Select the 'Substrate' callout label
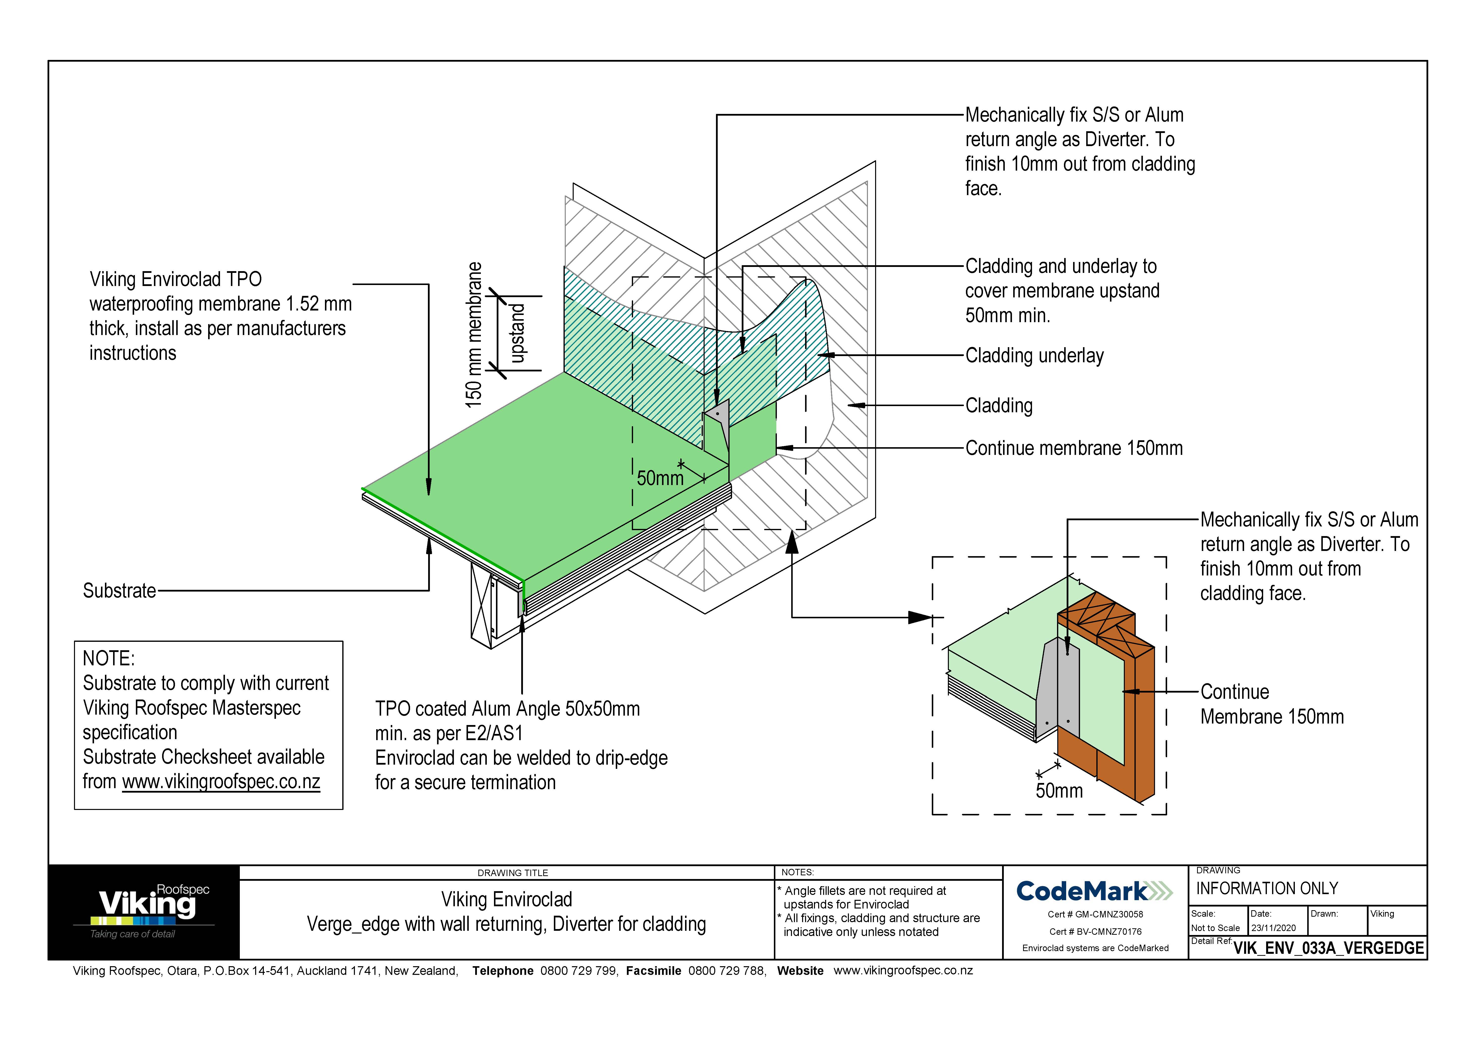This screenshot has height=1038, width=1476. (x=119, y=590)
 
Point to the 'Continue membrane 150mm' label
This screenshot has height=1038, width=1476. (x=1074, y=448)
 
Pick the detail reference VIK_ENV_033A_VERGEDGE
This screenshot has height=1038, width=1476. (x=1328, y=948)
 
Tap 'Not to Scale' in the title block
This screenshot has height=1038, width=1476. (x=1215, y=928)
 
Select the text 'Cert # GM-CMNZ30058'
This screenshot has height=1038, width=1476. (x=1095, y=914)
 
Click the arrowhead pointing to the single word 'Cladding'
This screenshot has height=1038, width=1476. (x=854, y=405)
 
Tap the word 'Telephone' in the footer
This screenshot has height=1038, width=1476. (x=503, y=970)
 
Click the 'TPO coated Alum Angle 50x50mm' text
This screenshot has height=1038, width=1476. (x=507, y=709)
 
